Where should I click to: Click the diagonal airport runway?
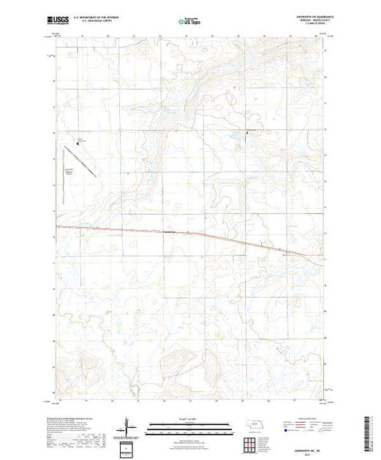point(86,162)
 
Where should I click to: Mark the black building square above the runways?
point(78,145)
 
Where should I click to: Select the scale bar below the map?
point(184,426)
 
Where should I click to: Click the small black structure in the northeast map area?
point(246,132)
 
